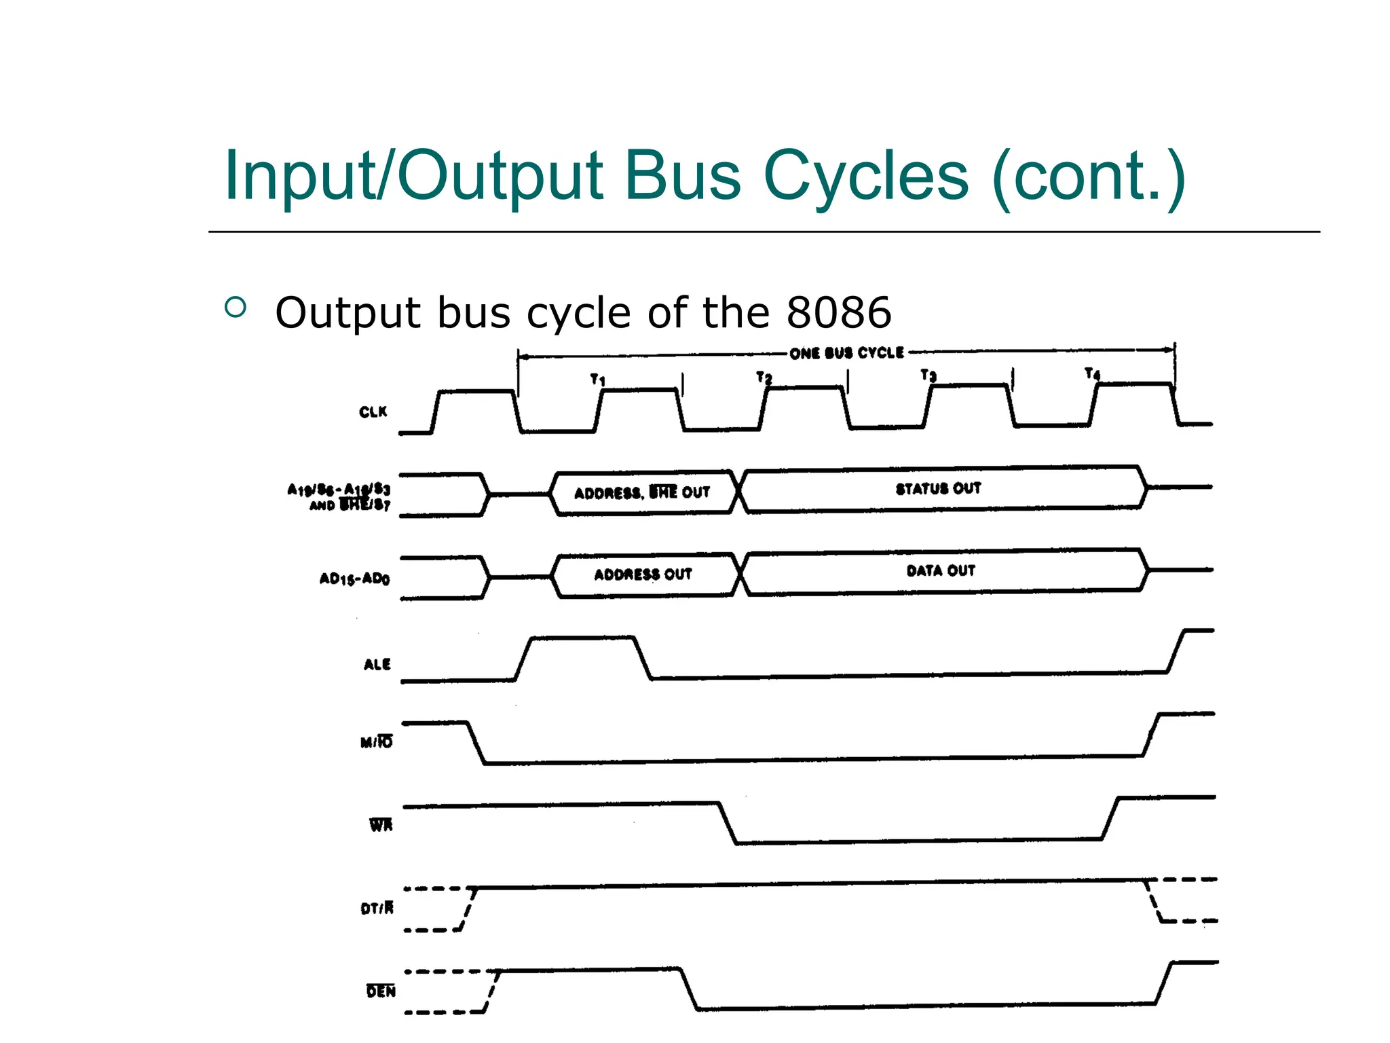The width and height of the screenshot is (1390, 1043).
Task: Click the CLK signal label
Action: click(373, 412)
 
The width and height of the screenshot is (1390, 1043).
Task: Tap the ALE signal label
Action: click(377, 664)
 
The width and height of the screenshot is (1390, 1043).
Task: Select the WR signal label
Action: click(381, 825)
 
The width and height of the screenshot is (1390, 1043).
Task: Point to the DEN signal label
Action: click(381, 991)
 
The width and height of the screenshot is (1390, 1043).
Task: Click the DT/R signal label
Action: click(377, 908)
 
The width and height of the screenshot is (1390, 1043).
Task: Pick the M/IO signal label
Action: click(376, 742)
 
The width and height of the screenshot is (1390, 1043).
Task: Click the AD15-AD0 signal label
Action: click(354, 579)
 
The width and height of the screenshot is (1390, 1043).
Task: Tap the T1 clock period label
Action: click(597, 379)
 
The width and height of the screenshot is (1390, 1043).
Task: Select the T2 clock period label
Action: click(764, 377)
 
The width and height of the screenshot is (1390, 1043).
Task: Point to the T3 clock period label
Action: click(928, 375)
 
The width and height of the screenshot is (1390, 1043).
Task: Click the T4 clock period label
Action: click(1092, 373)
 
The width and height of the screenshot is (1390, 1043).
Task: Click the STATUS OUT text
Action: click(938, 488)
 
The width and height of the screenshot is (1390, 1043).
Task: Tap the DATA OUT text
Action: click(941, 570)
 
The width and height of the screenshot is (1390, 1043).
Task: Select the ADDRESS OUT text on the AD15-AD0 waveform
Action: click(643, 574)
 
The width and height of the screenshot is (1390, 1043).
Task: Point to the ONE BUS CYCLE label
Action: click(846, 353)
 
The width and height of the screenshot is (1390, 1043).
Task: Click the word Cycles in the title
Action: click(865, 176)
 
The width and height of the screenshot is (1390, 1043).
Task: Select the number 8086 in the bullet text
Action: click(838, 312)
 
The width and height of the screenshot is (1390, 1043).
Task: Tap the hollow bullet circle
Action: click(235, 308)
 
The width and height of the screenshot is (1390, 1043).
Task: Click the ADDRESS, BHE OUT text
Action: click(642, 492)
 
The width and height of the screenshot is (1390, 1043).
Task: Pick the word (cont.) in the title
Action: click(1088, 176)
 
